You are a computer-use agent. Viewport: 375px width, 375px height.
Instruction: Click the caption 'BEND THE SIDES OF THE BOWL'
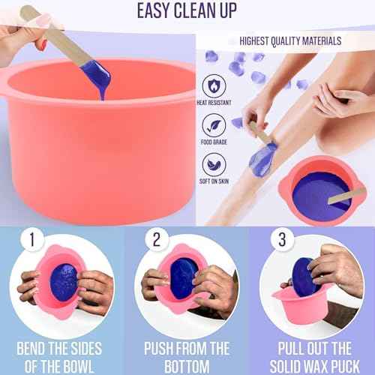[61, 356]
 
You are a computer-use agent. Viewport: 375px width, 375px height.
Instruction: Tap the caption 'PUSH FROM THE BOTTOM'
[186, 356]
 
